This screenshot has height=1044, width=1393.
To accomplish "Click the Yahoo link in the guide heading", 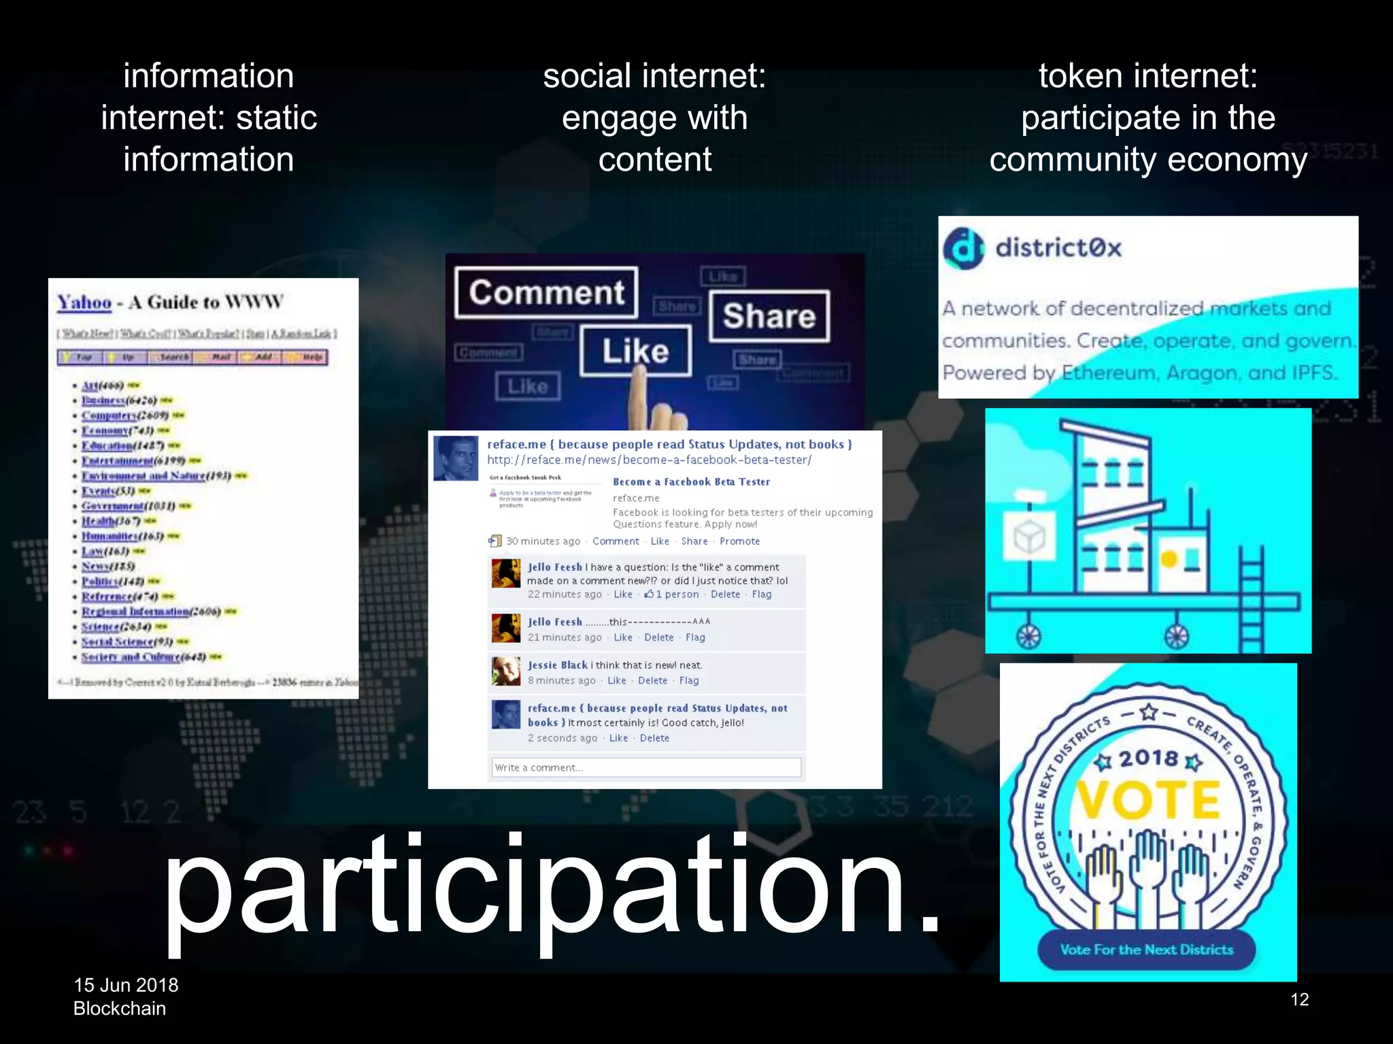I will [84, 302].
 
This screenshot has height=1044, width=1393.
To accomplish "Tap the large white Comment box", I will [547, 293].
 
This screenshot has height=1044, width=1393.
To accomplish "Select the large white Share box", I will [769, 316].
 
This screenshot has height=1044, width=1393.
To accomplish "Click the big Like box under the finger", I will [635, 351].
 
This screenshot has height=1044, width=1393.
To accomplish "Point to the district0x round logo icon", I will [963, 248].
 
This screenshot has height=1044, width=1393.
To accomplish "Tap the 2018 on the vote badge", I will [1148, 758].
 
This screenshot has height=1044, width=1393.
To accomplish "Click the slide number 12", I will [1299, 999].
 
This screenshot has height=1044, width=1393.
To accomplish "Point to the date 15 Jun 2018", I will [126, 985].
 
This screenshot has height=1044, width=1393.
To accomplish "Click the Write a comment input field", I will [645, 767].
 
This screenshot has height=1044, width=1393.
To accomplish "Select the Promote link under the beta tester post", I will [739, 541].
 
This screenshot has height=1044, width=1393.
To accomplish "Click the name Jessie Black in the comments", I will [557, 665].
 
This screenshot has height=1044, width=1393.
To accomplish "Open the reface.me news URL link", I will [649, 460].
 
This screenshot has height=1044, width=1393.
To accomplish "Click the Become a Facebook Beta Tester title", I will [691, 481].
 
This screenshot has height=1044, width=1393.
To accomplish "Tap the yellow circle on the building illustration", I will [1169, 559].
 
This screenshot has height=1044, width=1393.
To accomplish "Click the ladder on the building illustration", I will [1251, 598].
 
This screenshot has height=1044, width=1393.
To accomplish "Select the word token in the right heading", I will [1080, 75].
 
